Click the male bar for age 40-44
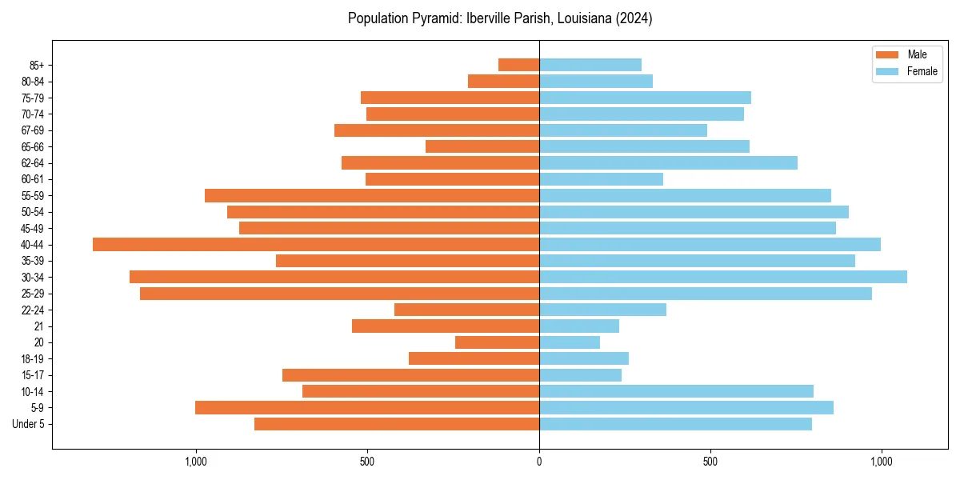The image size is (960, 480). click(x=316, y=245)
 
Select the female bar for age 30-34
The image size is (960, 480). click(x=723, y=277)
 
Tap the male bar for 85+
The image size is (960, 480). click(x=518, y=65)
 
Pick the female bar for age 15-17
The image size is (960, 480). click(x=580, y=375)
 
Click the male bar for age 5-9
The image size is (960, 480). click(x=367, y=408)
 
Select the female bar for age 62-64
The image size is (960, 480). click(x=668, y=163)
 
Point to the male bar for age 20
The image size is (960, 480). click(x=497, y=342)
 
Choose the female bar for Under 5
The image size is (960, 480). click(x=675, y=424)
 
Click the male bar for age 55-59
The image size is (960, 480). click(x=372, y=196)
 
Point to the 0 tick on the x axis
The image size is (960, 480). click(x=539, y=462)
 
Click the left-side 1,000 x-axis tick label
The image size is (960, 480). click(x=196, y=462)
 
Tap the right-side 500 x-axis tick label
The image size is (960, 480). click(x=710, y=462)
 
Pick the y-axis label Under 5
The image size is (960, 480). click(x=29, y=424)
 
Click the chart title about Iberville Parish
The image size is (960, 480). click(x=500, y=18)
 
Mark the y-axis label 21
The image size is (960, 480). click(x=39, y=326)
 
